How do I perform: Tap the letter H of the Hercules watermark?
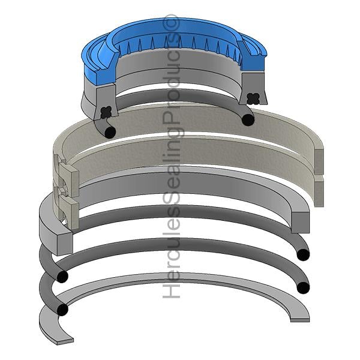[x=171, y=291]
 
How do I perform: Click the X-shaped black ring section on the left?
[x=106, y=112]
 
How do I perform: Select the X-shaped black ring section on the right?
[x=253, y=98]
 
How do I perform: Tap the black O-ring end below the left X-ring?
[x=110, y=133]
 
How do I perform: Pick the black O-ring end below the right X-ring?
[x=248, y=120]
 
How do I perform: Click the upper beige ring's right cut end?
[x=319, y=161]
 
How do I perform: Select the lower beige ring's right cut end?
[x=319, y=192]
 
